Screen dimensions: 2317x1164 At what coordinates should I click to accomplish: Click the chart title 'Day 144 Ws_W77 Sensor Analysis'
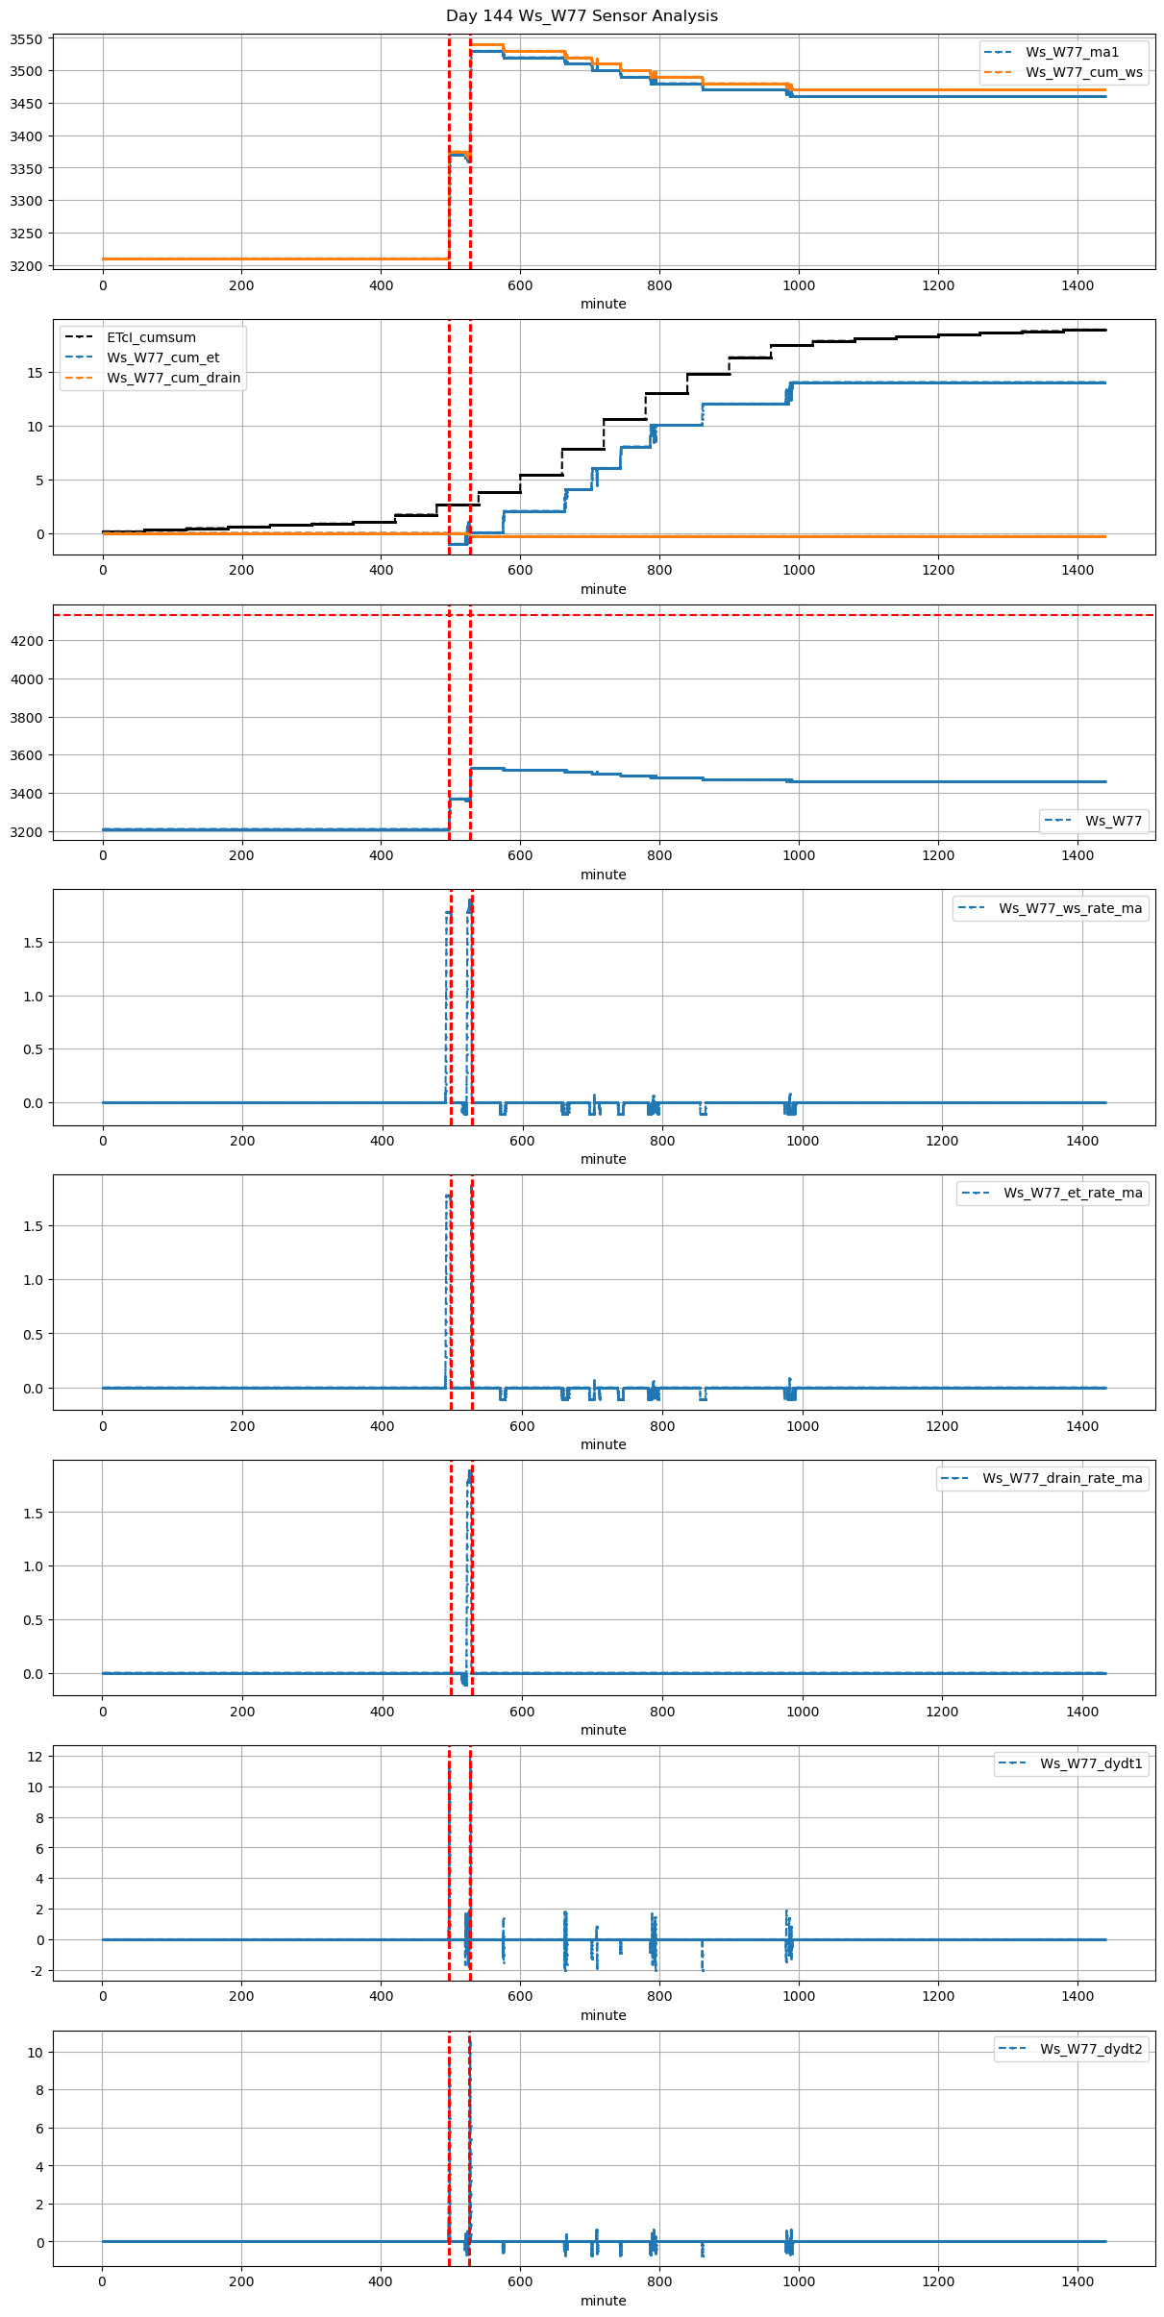coord(582,16)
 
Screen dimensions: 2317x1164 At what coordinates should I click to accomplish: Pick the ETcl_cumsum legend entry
coord(151,337)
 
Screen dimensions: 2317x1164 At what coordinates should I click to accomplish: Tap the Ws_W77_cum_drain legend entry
coord(173,378)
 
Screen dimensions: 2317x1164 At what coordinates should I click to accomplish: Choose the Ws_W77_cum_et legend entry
coord(162,357)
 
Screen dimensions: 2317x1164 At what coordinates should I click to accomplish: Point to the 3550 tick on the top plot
coord(26,39)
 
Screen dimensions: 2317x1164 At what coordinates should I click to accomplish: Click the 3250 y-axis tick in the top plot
coord(26,234)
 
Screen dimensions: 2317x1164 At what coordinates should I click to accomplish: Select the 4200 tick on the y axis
coord(26,641)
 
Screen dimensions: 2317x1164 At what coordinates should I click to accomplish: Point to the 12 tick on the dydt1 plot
coord(34,1756)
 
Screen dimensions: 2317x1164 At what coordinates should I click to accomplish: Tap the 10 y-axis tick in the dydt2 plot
coord(34,2052)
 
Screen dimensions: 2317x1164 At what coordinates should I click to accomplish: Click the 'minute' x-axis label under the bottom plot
coord(603,2301)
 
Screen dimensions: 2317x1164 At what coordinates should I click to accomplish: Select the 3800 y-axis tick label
coord(26,718)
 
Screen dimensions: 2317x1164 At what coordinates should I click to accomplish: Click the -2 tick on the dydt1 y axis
coord(36,1971)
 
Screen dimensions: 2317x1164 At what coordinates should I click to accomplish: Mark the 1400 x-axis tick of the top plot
coord(1077,285)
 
